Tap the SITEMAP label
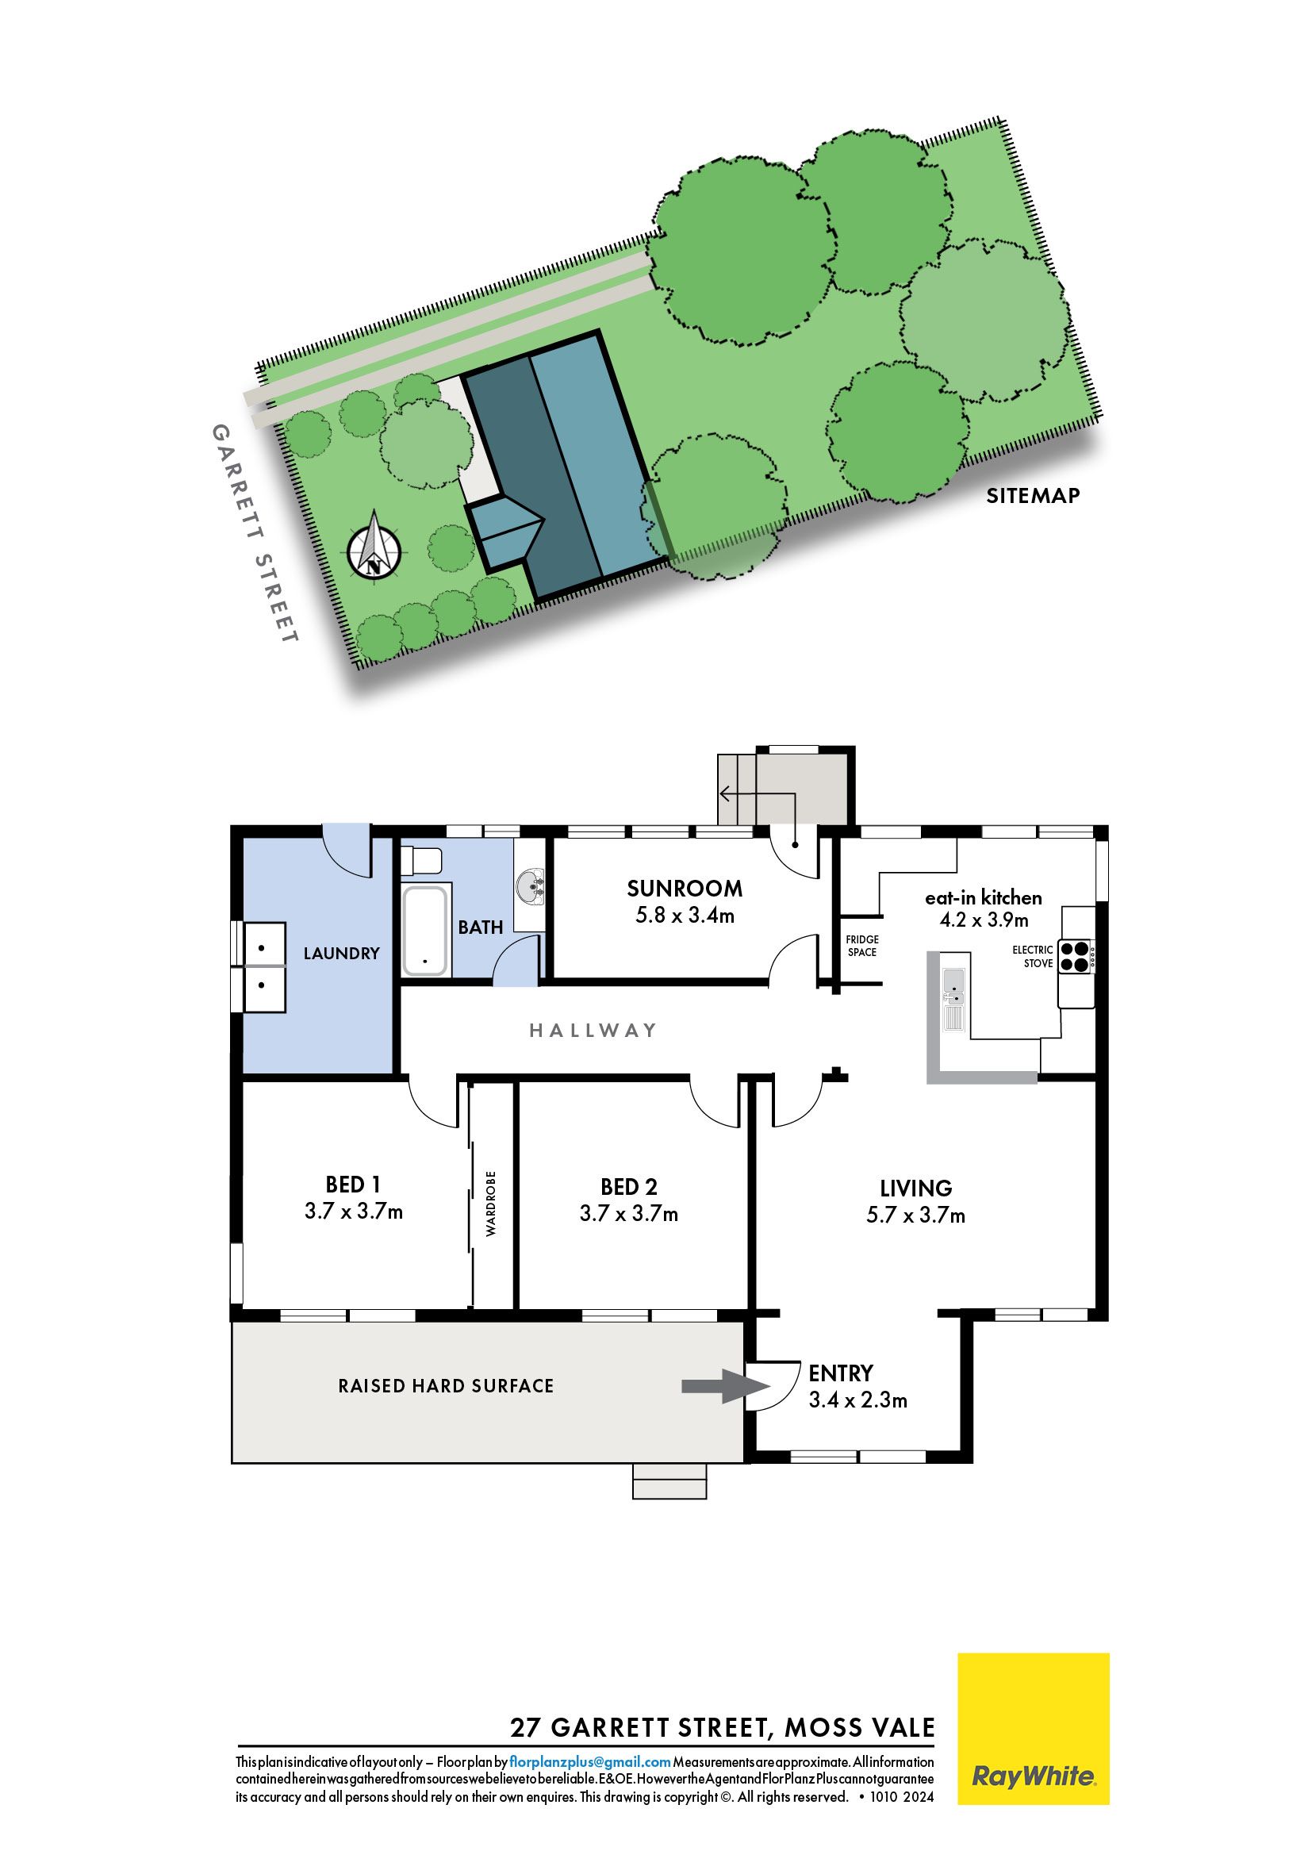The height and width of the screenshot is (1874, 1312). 1032,495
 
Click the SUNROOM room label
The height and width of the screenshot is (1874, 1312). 685,888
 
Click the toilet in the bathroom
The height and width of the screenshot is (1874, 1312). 421,861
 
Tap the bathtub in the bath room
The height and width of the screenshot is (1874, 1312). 424,931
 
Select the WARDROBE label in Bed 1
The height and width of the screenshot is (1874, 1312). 491,1203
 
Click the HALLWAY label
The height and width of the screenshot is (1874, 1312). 593,1030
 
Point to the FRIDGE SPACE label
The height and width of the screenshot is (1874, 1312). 861,946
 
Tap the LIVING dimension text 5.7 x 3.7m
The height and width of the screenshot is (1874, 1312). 915,1215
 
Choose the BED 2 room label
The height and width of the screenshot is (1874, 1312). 629,1186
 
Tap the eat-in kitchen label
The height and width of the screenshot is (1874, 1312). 983,898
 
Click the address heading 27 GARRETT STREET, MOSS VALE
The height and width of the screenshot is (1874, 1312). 723,1727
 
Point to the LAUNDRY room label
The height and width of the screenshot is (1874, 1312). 341,953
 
